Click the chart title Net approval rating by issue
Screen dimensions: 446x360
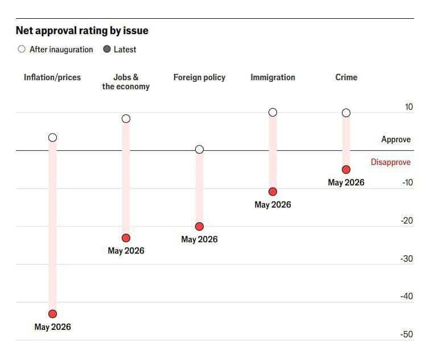(82, 31)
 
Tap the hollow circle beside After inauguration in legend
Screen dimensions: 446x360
(22, 49)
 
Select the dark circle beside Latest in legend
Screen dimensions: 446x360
(107, 49)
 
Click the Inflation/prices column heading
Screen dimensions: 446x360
(52, 77)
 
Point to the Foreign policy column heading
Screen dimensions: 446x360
(199, 77)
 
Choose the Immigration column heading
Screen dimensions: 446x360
(273, 77)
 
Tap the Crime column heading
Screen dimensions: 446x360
(346, 77)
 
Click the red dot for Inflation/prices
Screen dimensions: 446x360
(52, 314)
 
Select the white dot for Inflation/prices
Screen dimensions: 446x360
(52, 138)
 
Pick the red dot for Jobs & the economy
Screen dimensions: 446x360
(126, 238)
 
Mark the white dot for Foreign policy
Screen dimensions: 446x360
(199, 149)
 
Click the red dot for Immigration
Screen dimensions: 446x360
(273, 192)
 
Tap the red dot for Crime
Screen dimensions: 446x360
(346, 169)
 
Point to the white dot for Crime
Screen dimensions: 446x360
(346, 113)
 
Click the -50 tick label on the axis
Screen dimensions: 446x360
(406, 334)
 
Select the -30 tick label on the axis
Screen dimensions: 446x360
(406, 259)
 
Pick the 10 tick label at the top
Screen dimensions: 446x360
(408, 107)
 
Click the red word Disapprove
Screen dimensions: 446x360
(390, 162)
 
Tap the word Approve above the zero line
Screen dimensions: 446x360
(396, 139)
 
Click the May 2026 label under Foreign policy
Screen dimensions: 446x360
(199, 239)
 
